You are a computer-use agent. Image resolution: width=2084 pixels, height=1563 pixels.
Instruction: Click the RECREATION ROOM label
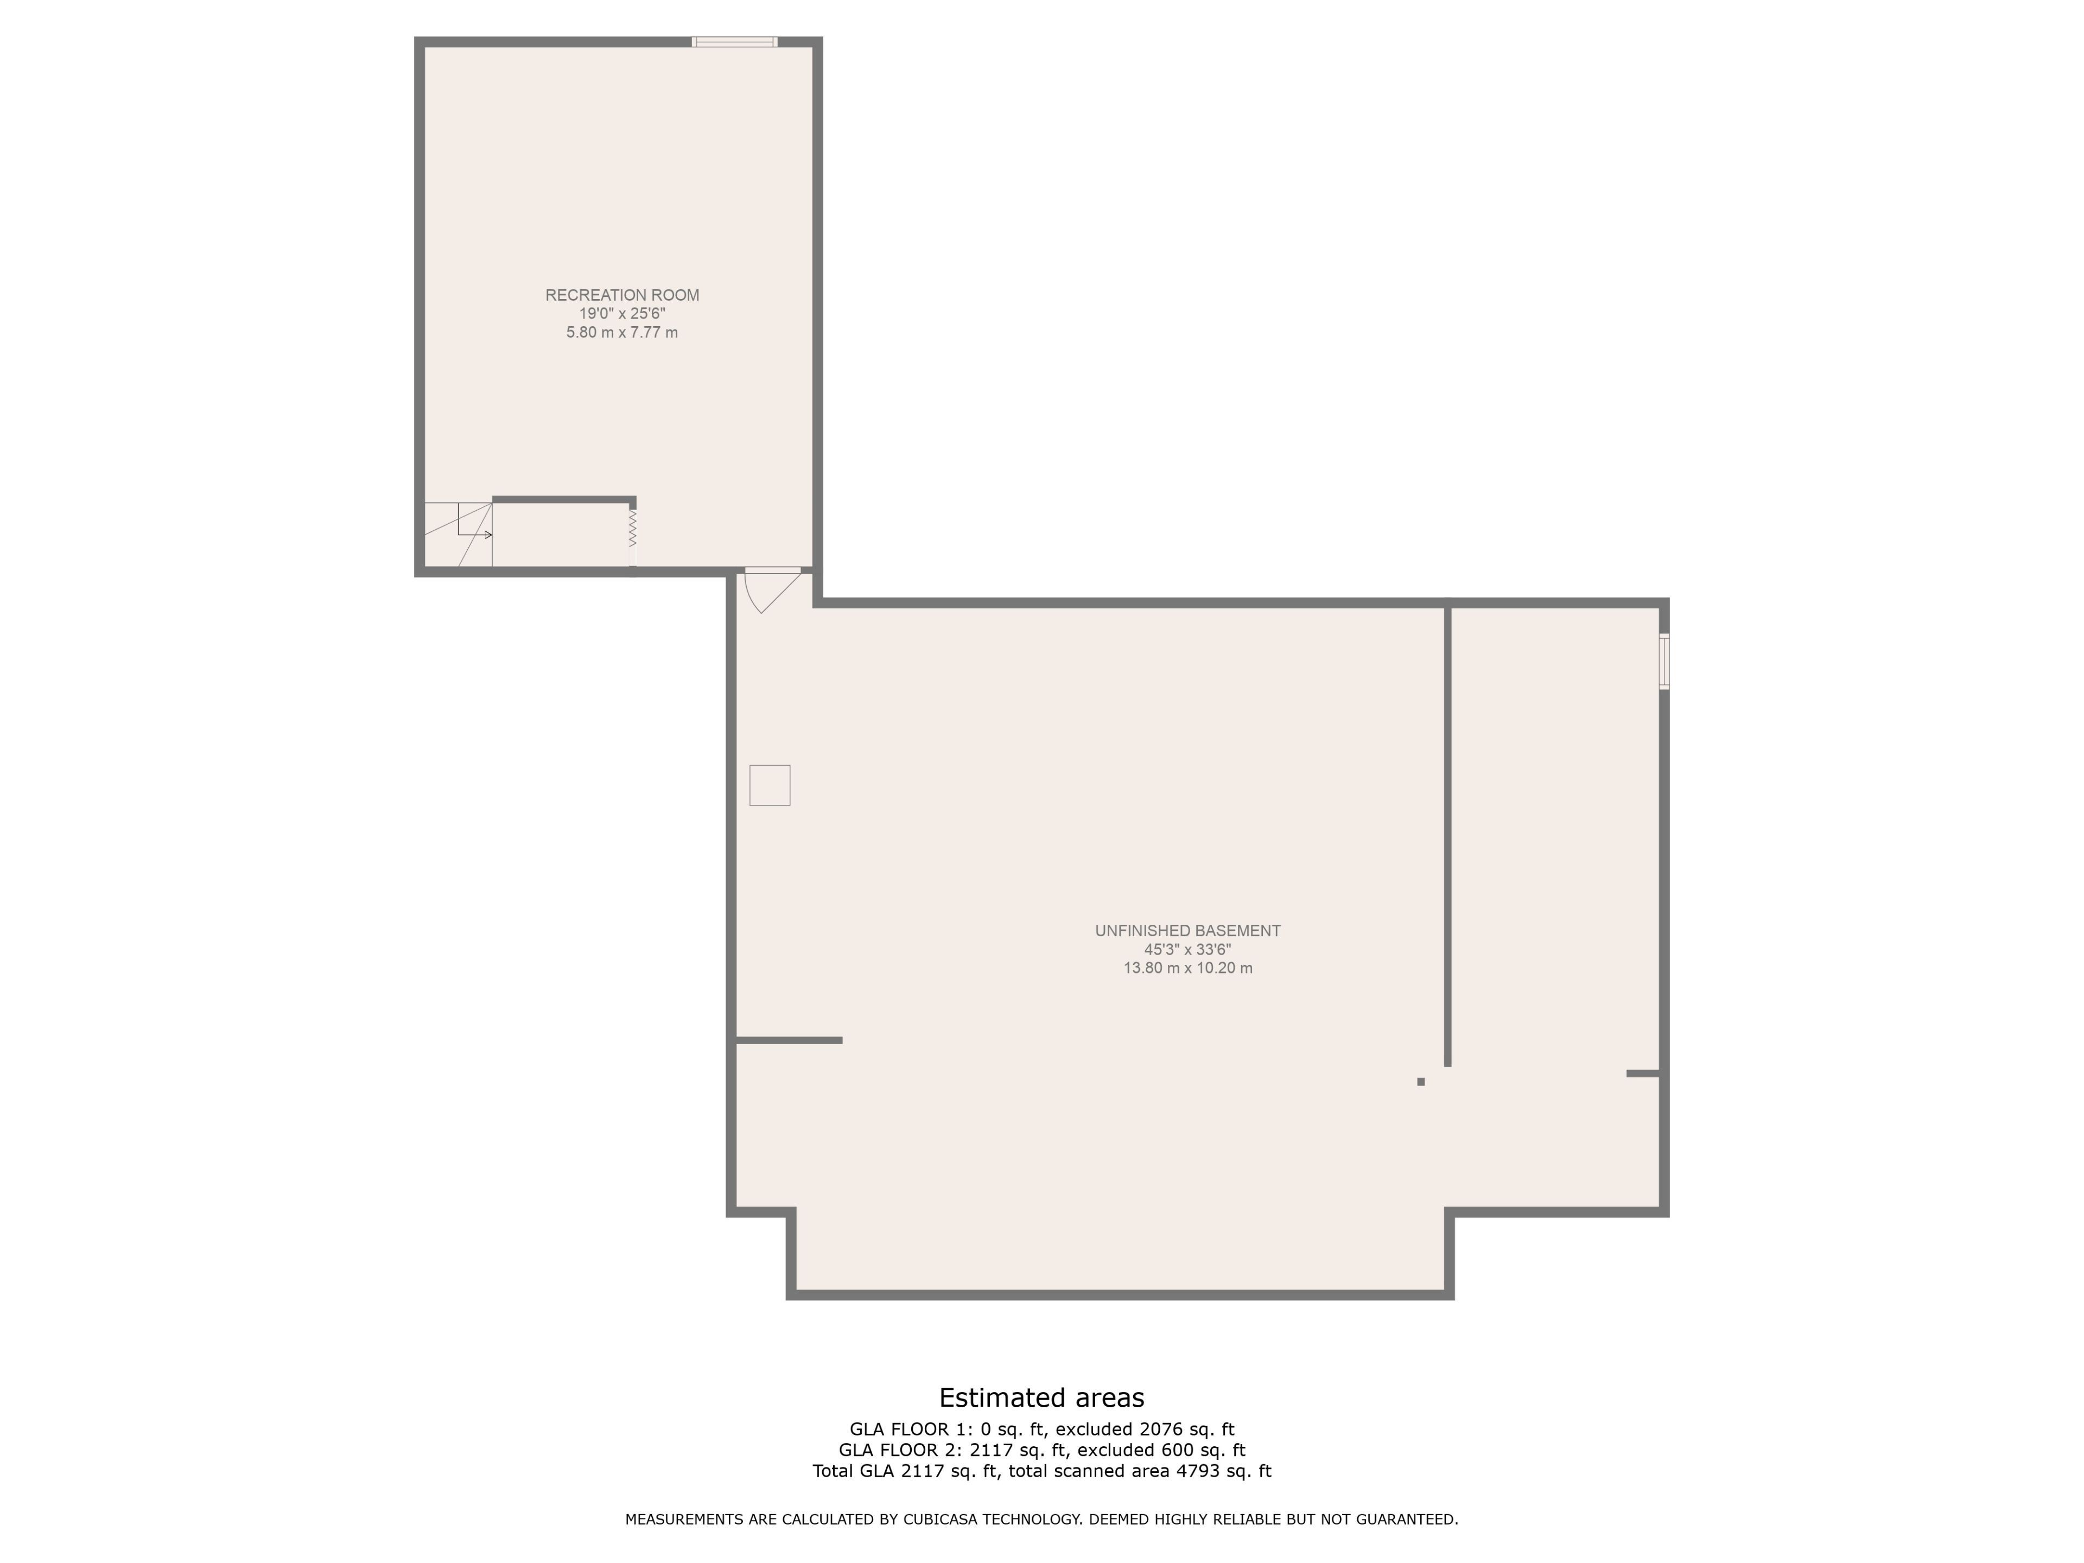[x=622, y=295]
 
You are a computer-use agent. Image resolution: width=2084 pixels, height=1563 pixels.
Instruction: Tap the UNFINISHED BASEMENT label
[x=1187, y=931]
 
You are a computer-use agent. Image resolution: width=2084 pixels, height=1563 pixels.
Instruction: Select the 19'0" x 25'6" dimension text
[x=622, y=314]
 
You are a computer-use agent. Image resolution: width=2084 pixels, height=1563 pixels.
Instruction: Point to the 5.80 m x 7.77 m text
[x=622, y=333]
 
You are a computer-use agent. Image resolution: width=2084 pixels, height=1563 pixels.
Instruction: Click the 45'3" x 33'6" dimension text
[x=1187, y=950]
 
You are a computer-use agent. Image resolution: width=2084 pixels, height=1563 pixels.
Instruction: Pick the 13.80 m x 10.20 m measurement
[x=1187, y=969]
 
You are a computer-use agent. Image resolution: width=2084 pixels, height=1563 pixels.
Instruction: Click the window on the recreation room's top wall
[x=735, y=41]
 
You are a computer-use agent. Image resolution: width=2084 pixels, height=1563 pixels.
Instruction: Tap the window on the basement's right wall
[x=1664, y=662]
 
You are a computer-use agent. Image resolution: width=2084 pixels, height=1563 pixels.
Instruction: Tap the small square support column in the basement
[x=1421, y=1082]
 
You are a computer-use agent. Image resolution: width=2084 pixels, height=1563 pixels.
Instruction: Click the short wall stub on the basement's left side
[x=789, y=1040]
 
